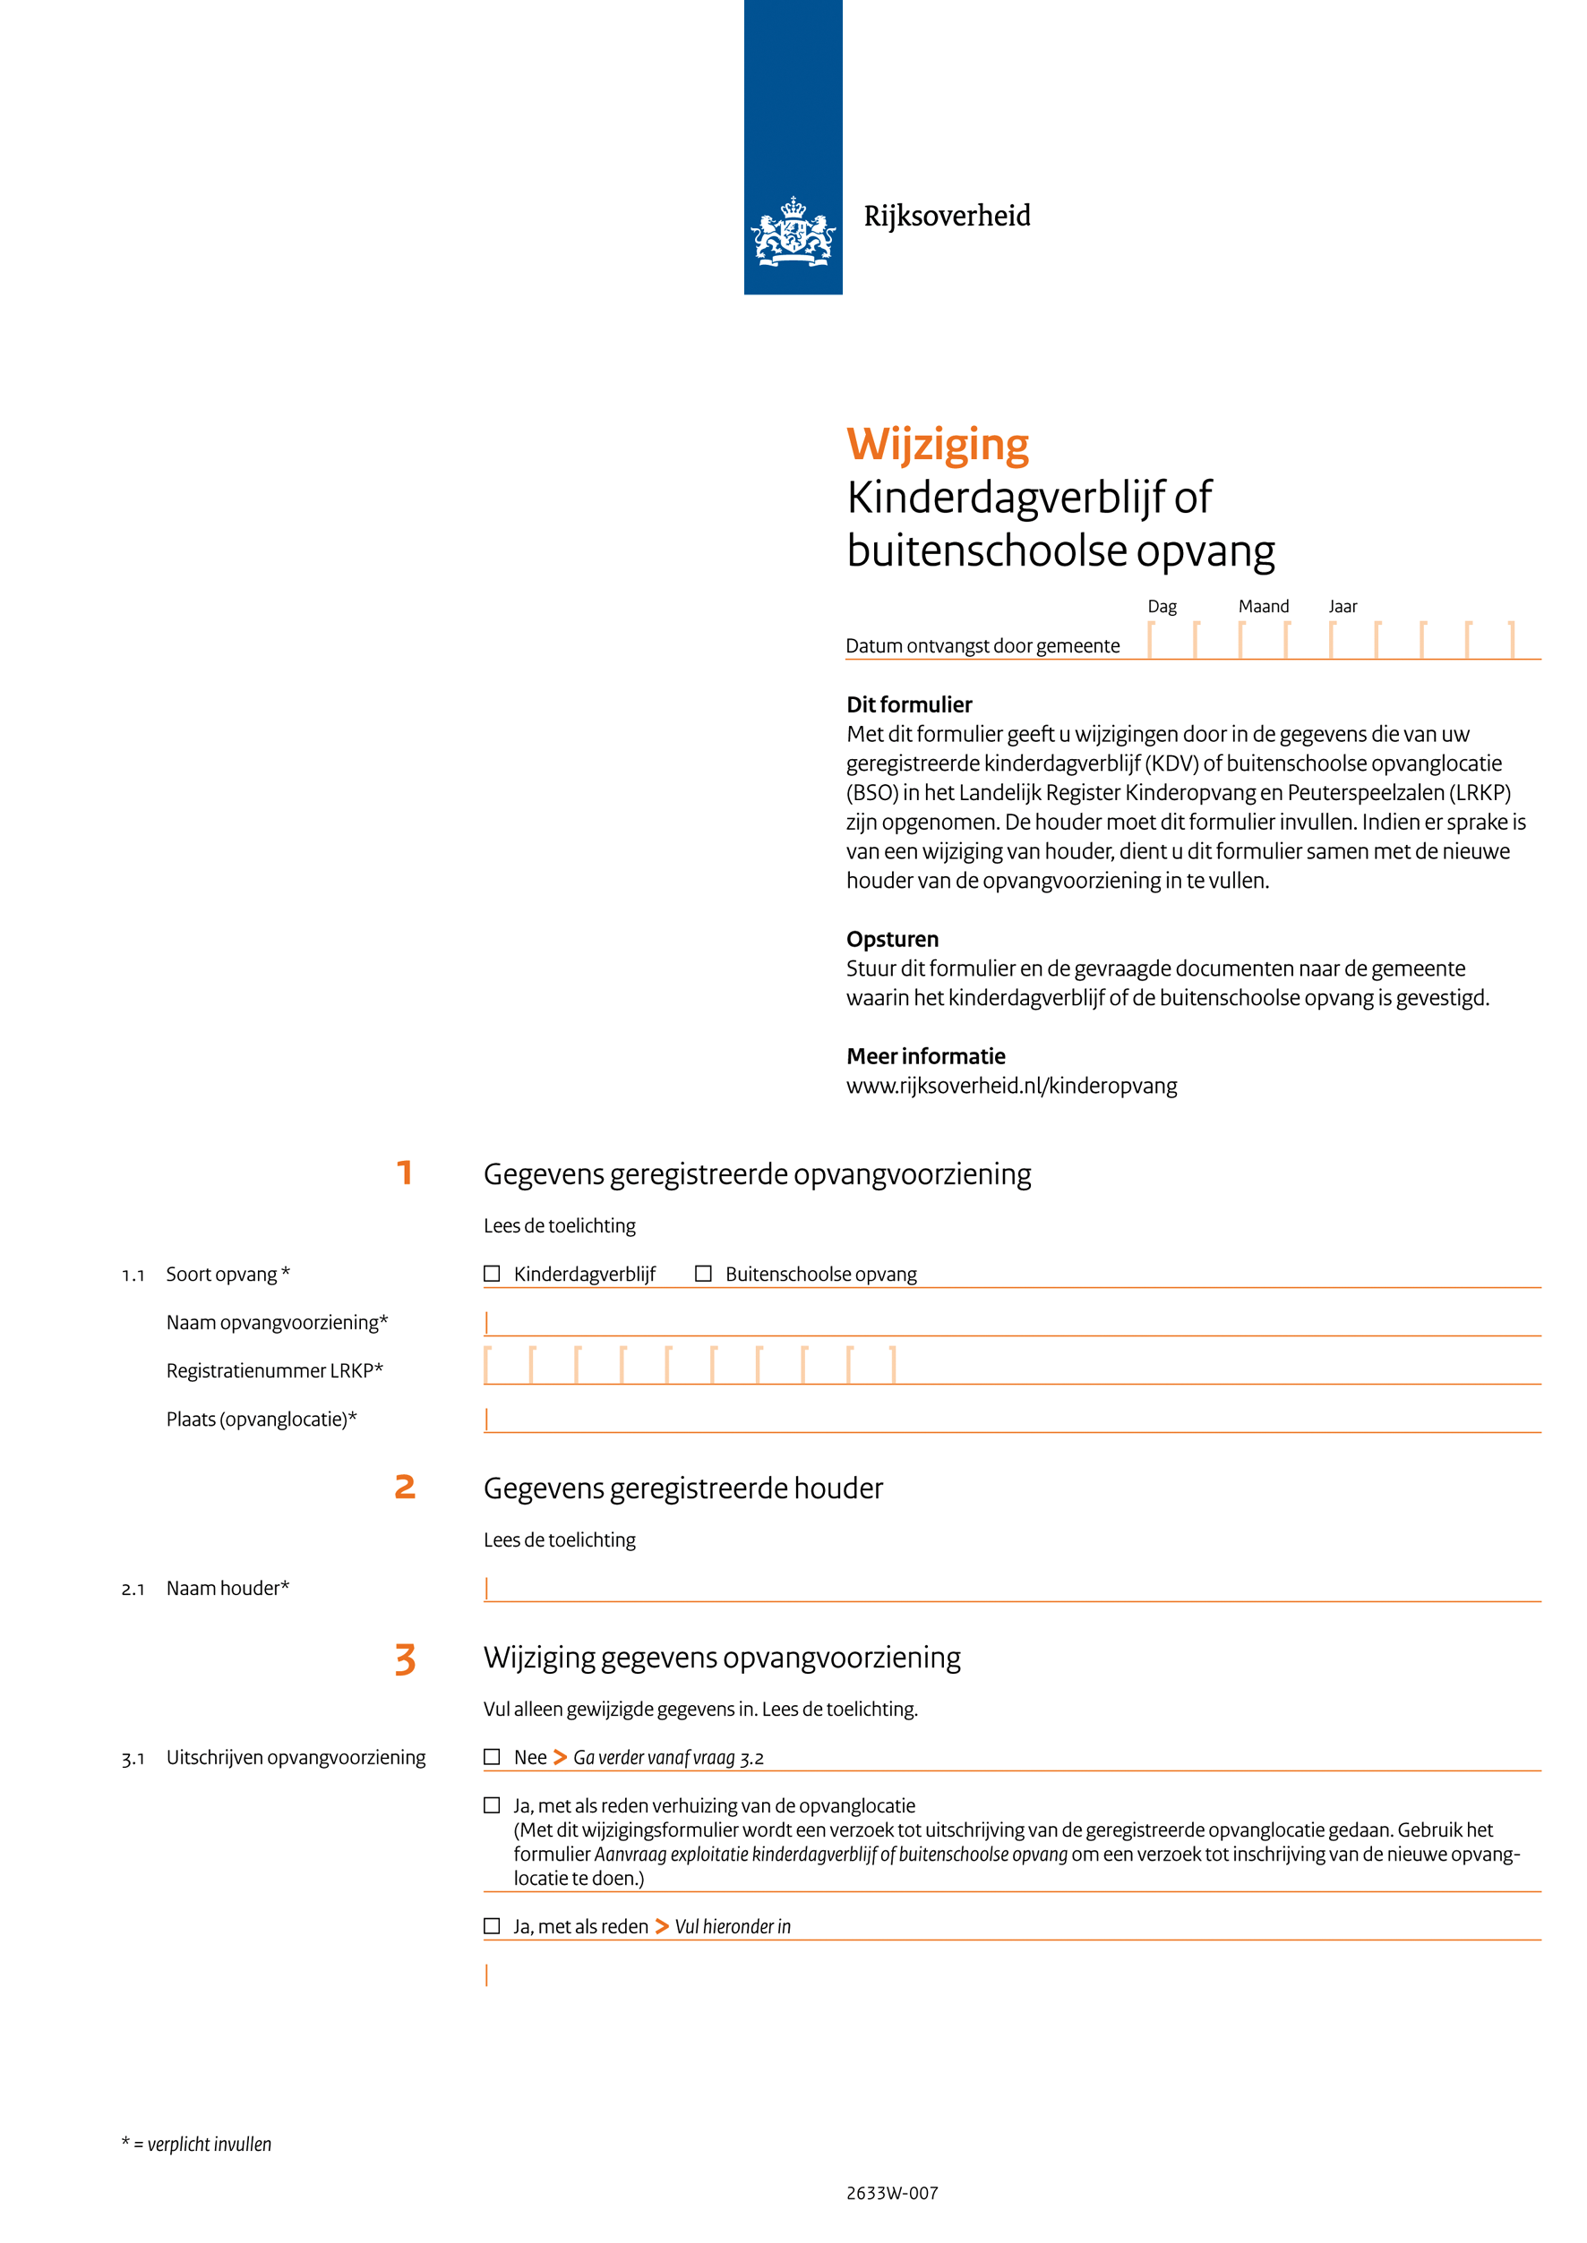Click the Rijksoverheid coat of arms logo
pyautogui.click(x=793, y=232)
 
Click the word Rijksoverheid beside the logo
pyautogui.click(x=946, y=216)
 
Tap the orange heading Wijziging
pyautogui.click(x=937, y=445)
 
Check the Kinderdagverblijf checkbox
pyautogui.click(x=492, y=1273)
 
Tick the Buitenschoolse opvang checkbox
pyautogui.click(x=703, y=1273)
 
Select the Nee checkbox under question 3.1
pyautogui.click(x=492, y=1756)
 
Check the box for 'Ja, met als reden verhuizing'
pyautogui.click(x=492, y=1805)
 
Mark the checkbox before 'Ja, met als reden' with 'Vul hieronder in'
pyautogui.click(x=492, y=1925)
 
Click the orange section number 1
pyautogui.click(x=404, y=1173)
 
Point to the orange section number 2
pyautogui.click(x=405, y=1487)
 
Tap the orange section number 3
pyautogui.click(x=405, y=1659)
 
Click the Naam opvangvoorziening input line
pyautogui.click(x=1011, y=1323)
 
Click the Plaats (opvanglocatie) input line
pyautogui.click(x=1011, y=1420)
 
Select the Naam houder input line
pyautogui.click(x=1011, y=1589)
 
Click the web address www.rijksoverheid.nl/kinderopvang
pyautogui.click(x=1011, y=1086)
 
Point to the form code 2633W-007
pyautogui.click(x=891, y=2193)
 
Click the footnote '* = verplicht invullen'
pyautogui.click(x=196, y=2145)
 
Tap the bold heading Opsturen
pyautogui.click(x=892, y=939)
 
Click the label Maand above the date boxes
pyautogui.click(x=1264, y=607)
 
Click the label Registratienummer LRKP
pyautogui.click(x=275, y=1370)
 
